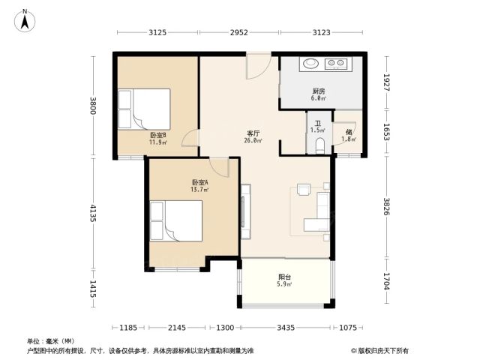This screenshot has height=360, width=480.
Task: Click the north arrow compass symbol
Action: (x=25, y=21)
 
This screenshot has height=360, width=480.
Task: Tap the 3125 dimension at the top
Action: (x=157, y=32)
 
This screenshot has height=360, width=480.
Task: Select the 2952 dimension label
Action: (x=239, y=32)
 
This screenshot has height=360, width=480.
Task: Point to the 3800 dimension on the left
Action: (x=93, y=106)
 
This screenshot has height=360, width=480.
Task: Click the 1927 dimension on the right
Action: (x=386, y=82)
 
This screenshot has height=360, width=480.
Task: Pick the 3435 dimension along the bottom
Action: (x=286, y=328)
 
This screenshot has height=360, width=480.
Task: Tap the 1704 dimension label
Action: (x=386, y=281)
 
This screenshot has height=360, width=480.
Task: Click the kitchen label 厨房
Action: (x=319, y=91)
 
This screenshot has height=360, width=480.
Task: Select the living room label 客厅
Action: (x=253, y=133)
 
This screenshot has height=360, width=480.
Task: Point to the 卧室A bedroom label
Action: (x=199, y=182)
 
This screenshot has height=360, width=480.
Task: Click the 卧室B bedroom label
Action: (x=158, y=135)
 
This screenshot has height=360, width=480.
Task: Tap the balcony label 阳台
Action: (x=284, y=277)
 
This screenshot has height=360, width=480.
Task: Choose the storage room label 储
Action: (x=349, y=132)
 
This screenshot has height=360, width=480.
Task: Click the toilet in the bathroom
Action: (x=319, y=145)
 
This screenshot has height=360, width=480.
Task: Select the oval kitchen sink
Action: (x=311, y=63)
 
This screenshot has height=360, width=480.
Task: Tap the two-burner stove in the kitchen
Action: (x=336, y=63)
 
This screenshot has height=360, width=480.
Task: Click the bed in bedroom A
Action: (x=176, y=220)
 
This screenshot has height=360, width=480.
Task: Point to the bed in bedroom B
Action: (x=144, y=109)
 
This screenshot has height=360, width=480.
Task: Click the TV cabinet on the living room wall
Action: (x=245, y=211)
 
